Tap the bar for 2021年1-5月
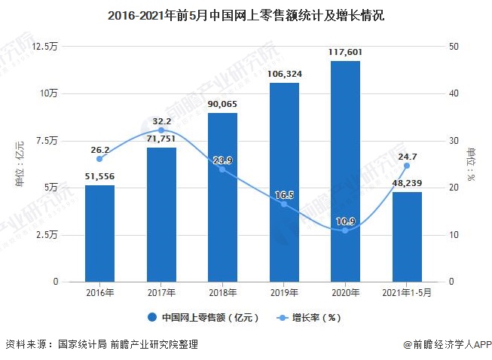(x=407, y=236)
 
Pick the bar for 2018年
(x=222, y=197)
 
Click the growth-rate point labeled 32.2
(x=161, y=130)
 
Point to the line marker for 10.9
(x=345, y=230)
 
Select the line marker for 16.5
(x=284, y=204)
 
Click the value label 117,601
(x=345, y=51)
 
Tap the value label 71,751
(x=161, y=139)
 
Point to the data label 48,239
(x=407, y=182)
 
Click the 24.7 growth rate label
(x=407, y=156)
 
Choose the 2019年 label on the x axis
(x=284, y=292)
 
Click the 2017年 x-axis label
(x=161, y=292)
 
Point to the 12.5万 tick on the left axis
(x=45, y=47)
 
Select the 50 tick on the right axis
(x=452, y=47)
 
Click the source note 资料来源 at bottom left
(x=102, y=344)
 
